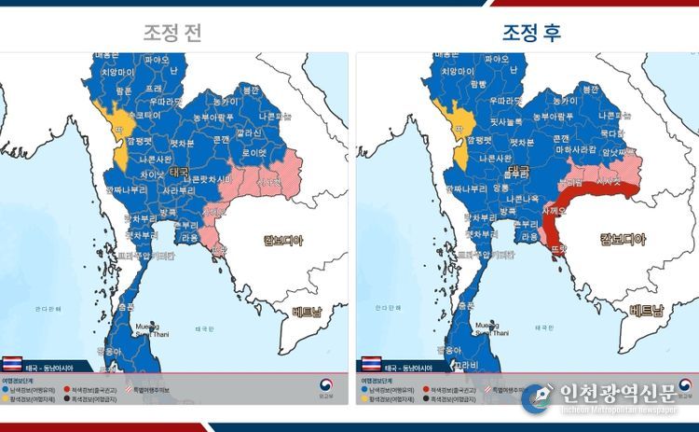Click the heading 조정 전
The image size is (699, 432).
point(173,32)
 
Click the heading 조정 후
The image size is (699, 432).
point(531,32)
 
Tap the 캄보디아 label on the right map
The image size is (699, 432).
point(614,239)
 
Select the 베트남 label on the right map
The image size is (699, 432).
point(648,311)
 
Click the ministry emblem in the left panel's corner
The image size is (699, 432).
point(330,385)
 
